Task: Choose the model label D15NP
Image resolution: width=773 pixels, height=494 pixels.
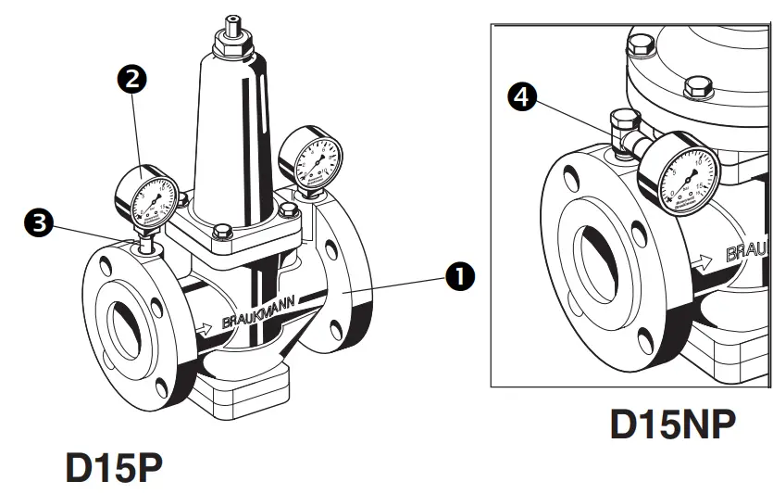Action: (x=673, y=424)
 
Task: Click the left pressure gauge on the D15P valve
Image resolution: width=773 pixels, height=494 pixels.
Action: (x=143, y=196)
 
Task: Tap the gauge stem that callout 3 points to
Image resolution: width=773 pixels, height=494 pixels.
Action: (x=145, y=247)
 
